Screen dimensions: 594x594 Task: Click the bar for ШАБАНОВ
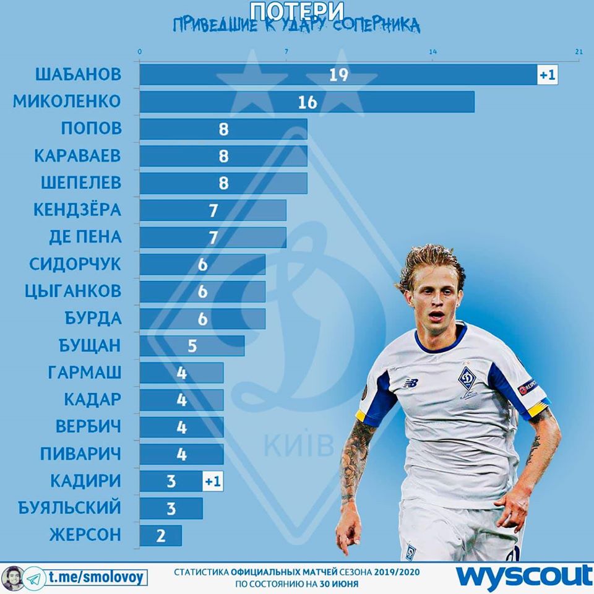point(337,75)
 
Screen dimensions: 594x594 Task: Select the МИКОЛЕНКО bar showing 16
point(307,102)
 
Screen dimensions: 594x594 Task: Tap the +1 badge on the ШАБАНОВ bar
point(548,75)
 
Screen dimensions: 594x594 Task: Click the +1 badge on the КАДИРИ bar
point(212,481)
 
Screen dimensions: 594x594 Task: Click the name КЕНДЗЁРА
point(77,210)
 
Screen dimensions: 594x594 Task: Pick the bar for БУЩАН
point(192,345)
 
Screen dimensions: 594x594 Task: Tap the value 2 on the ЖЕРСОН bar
point(161,535)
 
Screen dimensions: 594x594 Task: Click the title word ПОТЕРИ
point(297,10)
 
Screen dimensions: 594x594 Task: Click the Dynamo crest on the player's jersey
point(467,378)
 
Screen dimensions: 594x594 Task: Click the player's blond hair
point(427,260)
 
